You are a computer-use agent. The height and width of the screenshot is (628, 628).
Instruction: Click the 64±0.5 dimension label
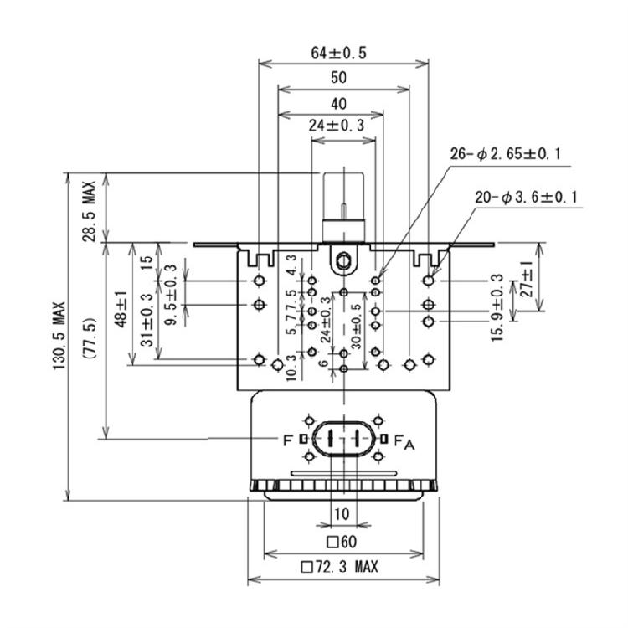point(338,53)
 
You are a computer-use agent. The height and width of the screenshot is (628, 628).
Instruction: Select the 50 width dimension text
point(338,77)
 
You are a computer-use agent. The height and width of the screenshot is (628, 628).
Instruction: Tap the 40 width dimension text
point(338,104)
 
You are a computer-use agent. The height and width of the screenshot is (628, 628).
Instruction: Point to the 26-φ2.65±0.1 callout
point(506,154)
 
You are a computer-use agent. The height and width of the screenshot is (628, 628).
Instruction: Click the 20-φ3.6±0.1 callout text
point(527,197)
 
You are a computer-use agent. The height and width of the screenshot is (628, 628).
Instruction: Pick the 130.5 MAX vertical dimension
point(59,336)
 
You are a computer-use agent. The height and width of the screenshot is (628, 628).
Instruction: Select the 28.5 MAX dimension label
point(89,211)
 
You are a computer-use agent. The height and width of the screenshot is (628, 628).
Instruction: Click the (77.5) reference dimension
point(89,338)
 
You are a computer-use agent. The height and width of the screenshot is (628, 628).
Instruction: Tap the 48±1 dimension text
point(121,309)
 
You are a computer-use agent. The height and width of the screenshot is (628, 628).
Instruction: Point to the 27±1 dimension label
point(528,279)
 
